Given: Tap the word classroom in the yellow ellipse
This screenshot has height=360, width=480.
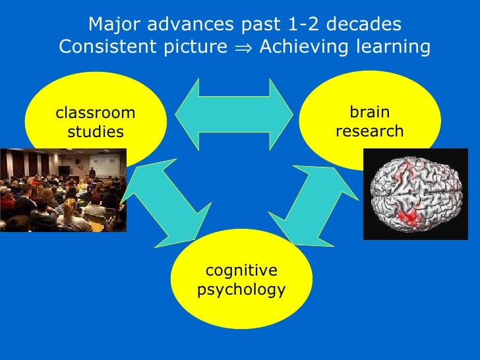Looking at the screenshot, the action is [95, 112].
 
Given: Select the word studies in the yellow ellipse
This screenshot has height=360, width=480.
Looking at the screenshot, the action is [95, 132].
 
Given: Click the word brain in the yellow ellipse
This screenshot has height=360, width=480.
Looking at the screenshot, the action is [369, 112].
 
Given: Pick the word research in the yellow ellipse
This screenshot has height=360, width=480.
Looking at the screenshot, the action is [369, 131].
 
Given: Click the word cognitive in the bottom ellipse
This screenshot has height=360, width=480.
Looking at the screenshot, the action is [241, 270].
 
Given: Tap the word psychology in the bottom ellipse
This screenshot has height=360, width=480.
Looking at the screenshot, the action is [241, 290].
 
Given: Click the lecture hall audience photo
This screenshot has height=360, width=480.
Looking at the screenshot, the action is [63, 189].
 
